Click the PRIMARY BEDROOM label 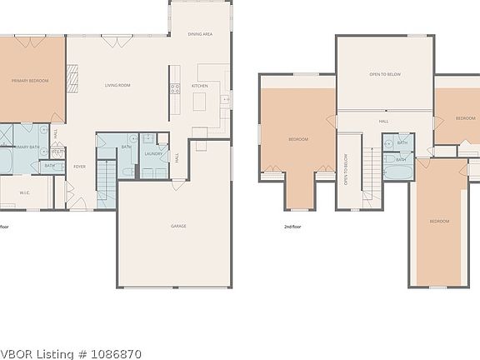coord(30,81)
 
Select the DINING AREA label coord(200,34)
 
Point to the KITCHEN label coord(200,86)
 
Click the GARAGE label coord(178,227)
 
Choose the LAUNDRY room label coord(152,154)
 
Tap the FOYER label coord(80,167)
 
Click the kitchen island coord(199,102)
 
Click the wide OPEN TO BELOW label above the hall coord(385,74)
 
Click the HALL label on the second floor coord(383,121)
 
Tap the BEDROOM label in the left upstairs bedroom coord(298,138)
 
